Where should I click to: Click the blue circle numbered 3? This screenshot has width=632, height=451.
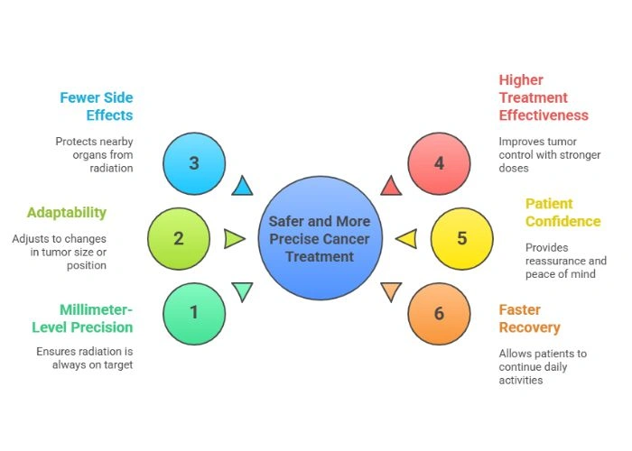click(194, 164)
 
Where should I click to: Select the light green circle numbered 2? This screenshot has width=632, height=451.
click(178, 239)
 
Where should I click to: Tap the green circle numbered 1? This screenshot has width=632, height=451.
click(194, 313)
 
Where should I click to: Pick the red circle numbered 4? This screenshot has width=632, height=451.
click(439, 164)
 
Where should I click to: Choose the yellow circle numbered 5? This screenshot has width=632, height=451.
click(461, 239)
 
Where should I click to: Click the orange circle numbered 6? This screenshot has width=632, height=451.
click(439, 313)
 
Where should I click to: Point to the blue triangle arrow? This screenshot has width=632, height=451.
click(241, 187)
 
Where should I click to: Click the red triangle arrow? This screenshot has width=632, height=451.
click(390, 187)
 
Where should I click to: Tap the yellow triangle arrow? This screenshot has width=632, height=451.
click(407, 239)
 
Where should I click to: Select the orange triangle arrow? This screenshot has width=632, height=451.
click(390, 290)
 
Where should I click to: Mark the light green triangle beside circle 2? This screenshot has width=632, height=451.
click(234, 239)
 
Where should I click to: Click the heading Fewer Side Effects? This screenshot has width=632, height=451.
click(96, 106)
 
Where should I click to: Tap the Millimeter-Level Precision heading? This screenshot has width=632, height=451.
click(82, 318)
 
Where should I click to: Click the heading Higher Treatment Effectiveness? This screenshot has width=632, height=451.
click(543, 97)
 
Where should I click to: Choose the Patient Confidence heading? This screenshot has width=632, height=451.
click(562, 212)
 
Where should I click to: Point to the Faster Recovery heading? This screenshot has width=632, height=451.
click(530, 318)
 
